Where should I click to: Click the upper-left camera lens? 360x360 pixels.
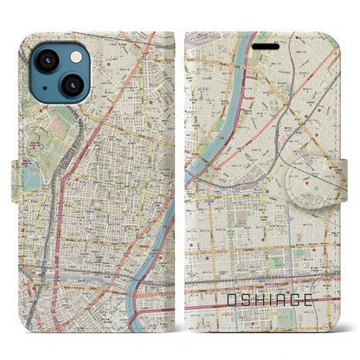pyautogui.click(x=44, y=55)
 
